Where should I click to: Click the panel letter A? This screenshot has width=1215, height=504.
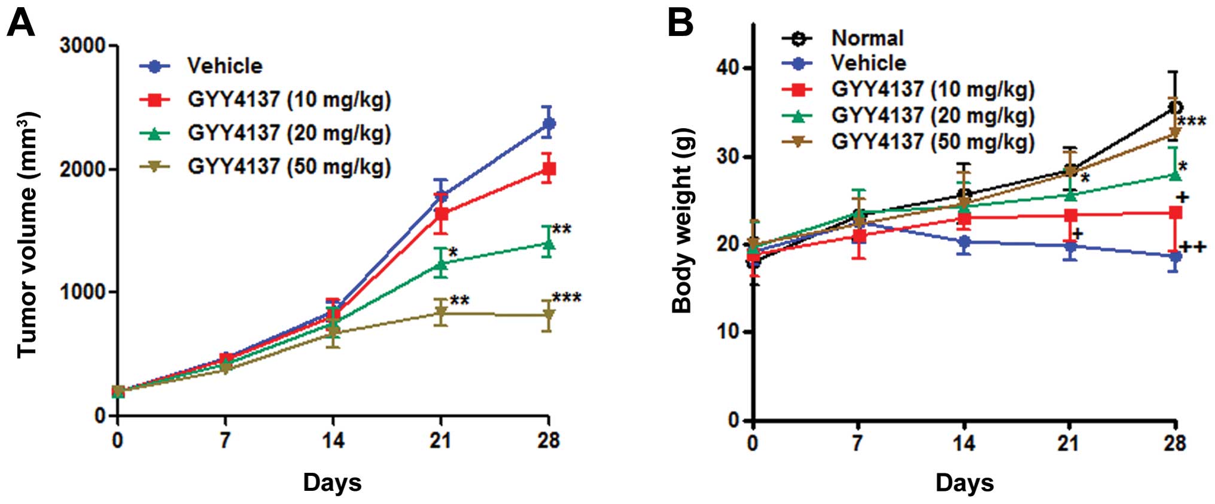(21, 24)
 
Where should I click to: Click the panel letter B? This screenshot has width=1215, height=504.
(680, 24)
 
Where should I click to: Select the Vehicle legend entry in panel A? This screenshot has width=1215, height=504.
(224, 66)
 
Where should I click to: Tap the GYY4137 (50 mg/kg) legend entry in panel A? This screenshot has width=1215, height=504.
(289, 166)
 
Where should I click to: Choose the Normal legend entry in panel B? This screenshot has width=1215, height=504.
(867, 38)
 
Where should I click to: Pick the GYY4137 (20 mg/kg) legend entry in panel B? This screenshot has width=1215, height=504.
(933, 116)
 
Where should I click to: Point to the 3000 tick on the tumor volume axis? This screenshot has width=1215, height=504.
(83, 45)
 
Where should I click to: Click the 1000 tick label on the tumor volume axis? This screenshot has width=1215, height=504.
(83, 292)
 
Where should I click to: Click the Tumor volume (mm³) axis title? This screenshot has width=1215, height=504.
(28, 235)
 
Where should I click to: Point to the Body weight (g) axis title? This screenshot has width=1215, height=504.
(682, 220)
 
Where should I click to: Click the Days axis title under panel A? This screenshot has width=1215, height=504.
(332, 482)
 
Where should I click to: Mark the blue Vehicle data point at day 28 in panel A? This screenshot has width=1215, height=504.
(548, 123)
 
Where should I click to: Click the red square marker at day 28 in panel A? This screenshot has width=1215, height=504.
(548, 169)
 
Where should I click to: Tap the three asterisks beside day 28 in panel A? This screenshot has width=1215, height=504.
(567, 297)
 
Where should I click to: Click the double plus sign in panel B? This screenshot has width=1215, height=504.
(1193, 247)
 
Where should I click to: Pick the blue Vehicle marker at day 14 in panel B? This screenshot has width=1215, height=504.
(964, 242)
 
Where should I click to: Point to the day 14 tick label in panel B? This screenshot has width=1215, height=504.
(964, 443)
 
